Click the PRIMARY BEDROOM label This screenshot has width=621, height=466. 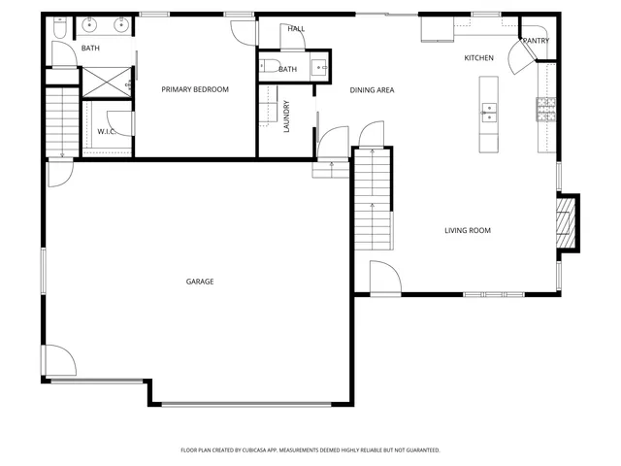pyautogui.click(x=194, y=89)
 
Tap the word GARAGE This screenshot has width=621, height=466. pyautogui.click(x=200, y=282)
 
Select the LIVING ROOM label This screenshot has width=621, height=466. pyautogui.click(x=468, y=230)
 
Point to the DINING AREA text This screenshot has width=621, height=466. pyautogui.click(x=372, y=89)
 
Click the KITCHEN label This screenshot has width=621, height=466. pyautogui.click(x=478, y=58)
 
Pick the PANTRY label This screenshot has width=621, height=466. pyautogui.click(x=536, y=41)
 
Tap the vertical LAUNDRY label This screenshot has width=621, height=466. pyautogui.click(x=286, y=116)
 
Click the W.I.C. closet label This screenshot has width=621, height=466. pyautogui.click(x=106, y=131)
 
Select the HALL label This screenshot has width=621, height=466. pyautogui.click(x=296, y=29)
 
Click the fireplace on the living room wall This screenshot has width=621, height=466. pyautogui.click(x=567, y=222)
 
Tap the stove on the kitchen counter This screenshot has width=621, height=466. pyautogui.click(x=545, y=110)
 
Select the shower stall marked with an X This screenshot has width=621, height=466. pyautogui.click(x=105, y=81)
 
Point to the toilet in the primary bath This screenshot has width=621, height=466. pyautogui.click(x=58, y=30)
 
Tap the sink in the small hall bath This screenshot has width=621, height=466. pyautogui.click(x=319, y=68)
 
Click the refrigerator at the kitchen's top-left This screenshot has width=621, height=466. pyautogui.click(x=432, y=30)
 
